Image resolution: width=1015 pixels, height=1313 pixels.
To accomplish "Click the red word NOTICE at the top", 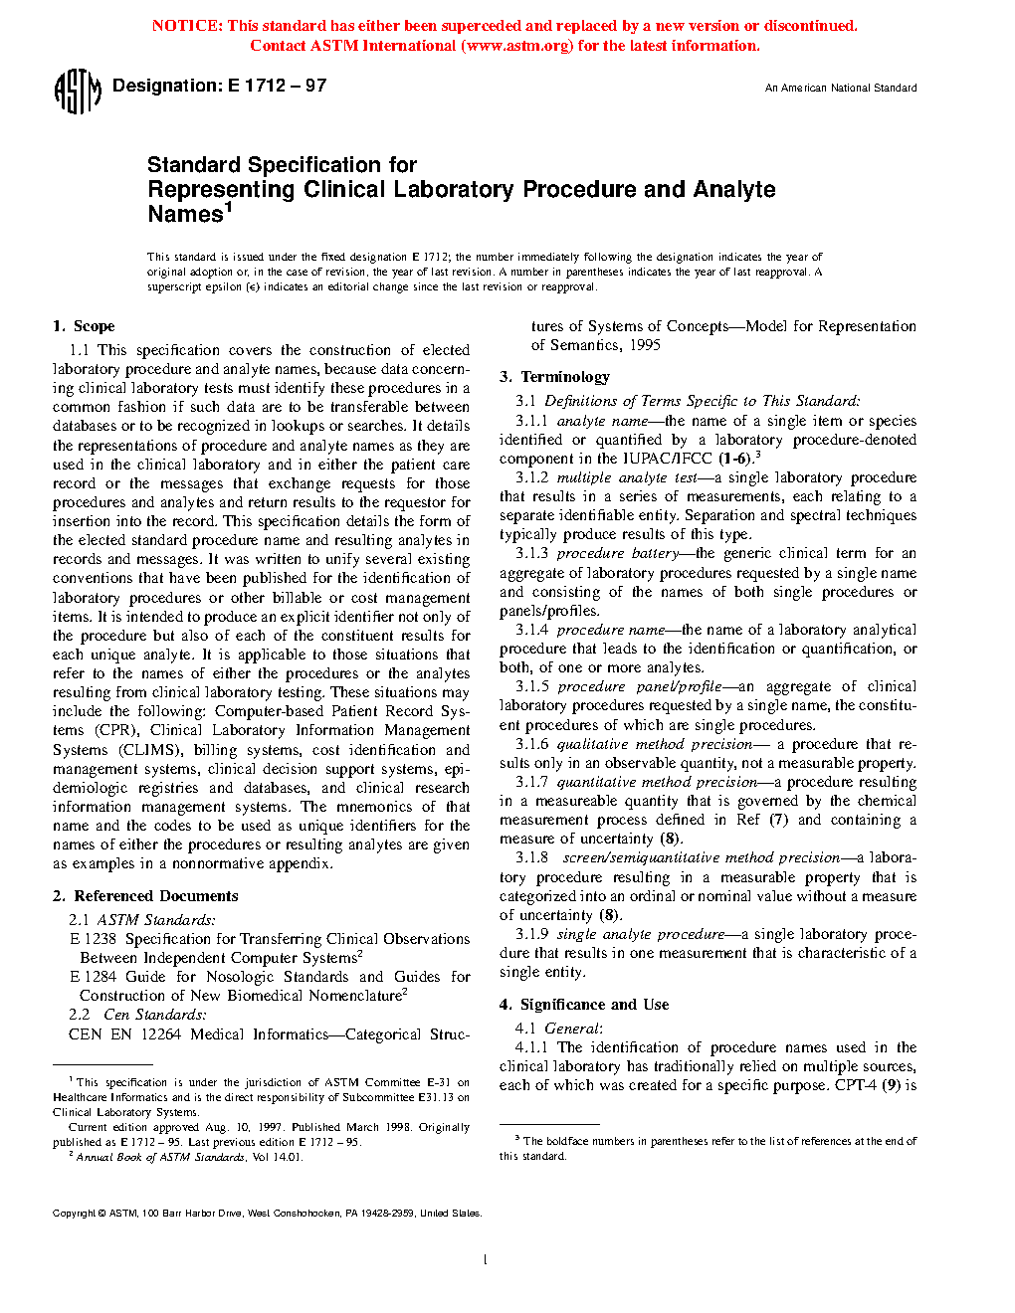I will coord(186,26).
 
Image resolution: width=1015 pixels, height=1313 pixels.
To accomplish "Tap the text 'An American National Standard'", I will coord(841,89).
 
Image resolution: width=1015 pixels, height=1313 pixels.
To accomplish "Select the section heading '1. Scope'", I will coord(84,326).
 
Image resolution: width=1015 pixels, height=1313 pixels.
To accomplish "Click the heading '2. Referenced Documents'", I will coord(145,896).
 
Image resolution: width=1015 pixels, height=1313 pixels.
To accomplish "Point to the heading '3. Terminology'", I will coord(554,377).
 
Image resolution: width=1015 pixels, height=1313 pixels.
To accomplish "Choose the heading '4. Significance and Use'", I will coord(584,1005).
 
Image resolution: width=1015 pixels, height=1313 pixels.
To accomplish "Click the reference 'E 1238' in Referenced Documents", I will coord(93,939).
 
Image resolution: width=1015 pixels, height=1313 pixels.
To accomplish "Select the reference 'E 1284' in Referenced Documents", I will coord(93,977).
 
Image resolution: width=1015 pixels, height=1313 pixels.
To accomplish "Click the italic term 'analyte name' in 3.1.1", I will coord(602,421).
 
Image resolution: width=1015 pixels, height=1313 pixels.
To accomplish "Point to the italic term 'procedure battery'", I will coord(617,553).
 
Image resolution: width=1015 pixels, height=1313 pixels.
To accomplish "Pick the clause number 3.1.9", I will coord(531,934).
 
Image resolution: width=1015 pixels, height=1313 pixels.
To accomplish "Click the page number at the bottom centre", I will coord(485,1260).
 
